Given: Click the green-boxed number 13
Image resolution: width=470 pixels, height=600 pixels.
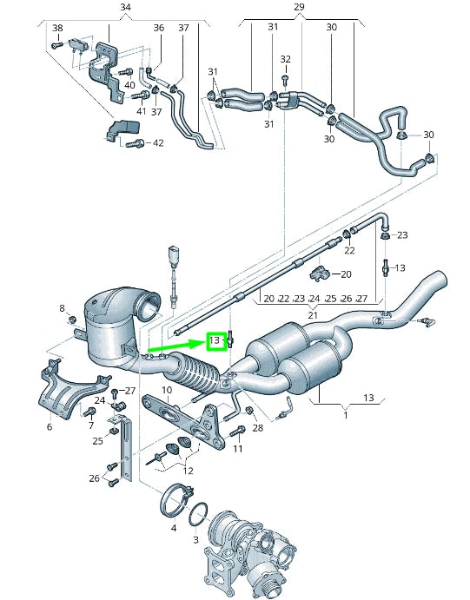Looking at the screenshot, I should pyautogui.click(x=215, y=340).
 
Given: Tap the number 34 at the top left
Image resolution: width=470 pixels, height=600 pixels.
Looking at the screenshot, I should pyautogui.click(x=125, y=8).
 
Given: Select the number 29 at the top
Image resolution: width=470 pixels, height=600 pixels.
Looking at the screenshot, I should pyautogui.click(x=299, y=8).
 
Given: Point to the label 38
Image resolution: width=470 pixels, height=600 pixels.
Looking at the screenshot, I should pyautogui.click(x=57, y=28).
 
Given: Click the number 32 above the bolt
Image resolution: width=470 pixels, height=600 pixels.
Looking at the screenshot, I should pyautogui.click(x=286, y=59).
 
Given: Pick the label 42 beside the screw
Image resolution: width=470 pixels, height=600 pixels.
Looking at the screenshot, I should pyautogui.click(x=157, y=143).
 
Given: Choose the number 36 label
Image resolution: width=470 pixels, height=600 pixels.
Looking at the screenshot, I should pyautogui.click(x=158, y=28).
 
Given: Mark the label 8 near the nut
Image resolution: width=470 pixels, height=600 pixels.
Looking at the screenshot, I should pyautogui.click(x=62, y=308).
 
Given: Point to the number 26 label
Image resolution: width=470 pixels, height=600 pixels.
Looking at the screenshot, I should pyautogui.click(x=94, y=478).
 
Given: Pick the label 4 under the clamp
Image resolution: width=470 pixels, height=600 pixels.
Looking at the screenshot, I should pyautogui.click(x=174, y=527).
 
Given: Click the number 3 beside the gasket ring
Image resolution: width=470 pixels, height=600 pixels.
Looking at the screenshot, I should pyautogui.click(x=195, y=540).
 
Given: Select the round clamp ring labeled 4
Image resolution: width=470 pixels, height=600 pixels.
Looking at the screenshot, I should pyautogui.click(x=175, y=502).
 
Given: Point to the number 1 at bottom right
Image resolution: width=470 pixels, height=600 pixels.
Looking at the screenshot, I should pyautogui.click(x=345, y=416).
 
